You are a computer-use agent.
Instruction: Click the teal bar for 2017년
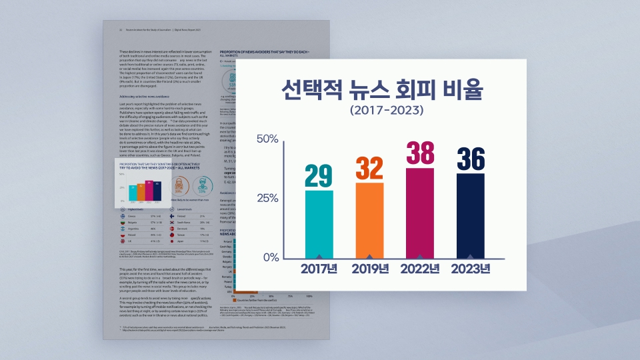pos(319,224)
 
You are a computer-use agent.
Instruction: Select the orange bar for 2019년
pos(369,220)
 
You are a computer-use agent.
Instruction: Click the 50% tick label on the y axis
pos(267,139)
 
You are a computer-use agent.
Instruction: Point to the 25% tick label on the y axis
pos(267,198)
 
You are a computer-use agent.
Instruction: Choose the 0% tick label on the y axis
pos(270,257)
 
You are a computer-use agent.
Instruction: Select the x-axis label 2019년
pos(369,269)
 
